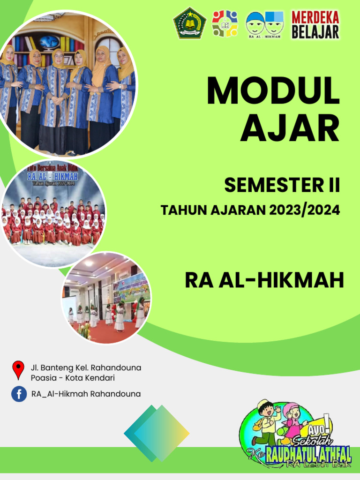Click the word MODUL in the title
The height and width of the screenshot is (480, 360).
tap(273, 91)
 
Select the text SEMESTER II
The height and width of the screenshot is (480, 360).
tap(282, 186)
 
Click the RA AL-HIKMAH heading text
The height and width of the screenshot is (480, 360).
tap(264, 280)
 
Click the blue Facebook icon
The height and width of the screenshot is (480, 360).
tap(19, 394)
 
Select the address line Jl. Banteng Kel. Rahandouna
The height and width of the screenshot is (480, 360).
tap(86, 367)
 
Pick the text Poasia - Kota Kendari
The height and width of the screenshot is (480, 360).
tap(73, 378)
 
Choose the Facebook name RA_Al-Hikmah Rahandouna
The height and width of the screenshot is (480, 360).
tap(86, 394)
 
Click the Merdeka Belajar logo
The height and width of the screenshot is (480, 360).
tap(315, 24)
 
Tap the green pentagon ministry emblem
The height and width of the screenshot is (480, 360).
tap(189, 23)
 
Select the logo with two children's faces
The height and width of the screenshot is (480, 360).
tap(265, 24)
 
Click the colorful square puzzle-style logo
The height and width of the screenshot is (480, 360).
tap(225, 24)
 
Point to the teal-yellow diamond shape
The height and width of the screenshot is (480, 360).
tap(157, 433)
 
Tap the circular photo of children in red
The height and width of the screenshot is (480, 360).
tap(52, 214)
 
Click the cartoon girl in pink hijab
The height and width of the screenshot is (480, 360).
tap(293, 418)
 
